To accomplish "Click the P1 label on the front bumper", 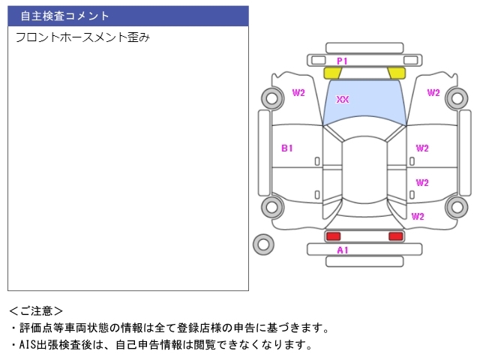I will coord(342,61).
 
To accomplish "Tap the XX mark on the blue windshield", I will coord(343,99).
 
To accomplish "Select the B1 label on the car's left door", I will coord(287,148).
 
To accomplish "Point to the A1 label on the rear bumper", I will coord(343,250).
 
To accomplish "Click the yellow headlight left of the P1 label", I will coord(331,73).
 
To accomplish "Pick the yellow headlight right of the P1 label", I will coord(397,73).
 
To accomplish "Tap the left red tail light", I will coord(332,236).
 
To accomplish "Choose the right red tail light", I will coord(395,236).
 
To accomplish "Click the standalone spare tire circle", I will coord(263,244).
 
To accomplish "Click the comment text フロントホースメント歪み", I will coord(82,37).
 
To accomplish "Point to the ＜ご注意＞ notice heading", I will coord(36,310).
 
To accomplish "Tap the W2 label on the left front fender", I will coord(298,93).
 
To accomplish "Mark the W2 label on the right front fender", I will coord(433,93).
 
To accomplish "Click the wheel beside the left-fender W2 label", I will coord(271,97).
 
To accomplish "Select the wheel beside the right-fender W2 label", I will coord(456,97).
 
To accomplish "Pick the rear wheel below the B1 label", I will coord(271,207).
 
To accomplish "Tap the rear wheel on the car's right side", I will coord(456,207).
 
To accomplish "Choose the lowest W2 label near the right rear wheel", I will coord(418,217).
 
